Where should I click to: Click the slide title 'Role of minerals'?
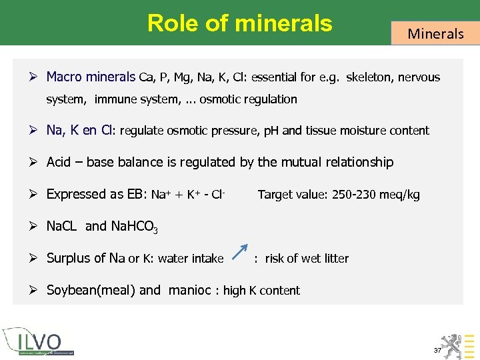pos(239,23)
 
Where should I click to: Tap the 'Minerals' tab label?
pos(435,33)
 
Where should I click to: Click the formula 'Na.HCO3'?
pos(135,227)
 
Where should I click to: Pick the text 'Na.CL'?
pos(63,226)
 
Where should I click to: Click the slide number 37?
pos(437,350)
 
